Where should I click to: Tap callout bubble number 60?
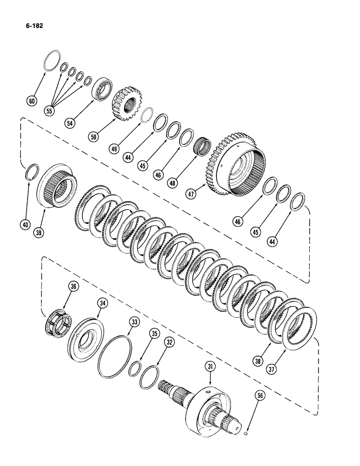click(32, 100)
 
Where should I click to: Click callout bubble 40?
click(24, 225)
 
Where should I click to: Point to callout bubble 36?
click(73, 288)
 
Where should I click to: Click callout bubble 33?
click(135, 321)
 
